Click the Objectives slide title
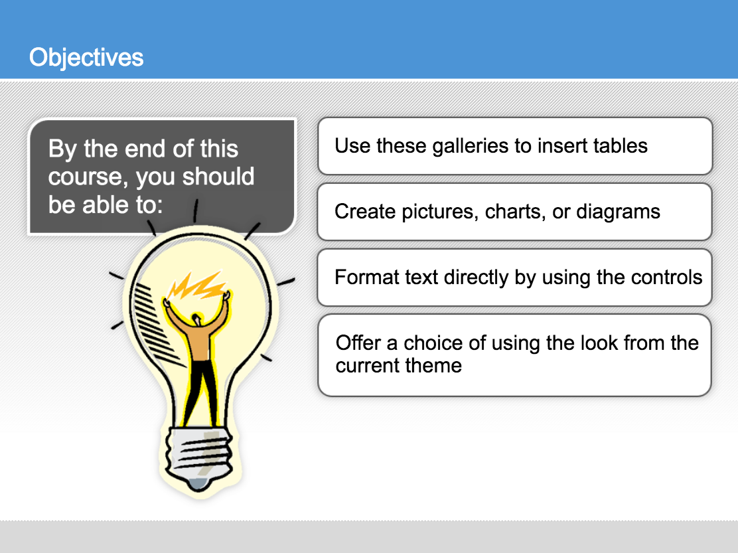click(86, 57)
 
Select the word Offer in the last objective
click(358, 343)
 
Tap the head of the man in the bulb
click(196, 319)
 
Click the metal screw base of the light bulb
click(198, 452)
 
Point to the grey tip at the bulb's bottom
click(198, 484)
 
